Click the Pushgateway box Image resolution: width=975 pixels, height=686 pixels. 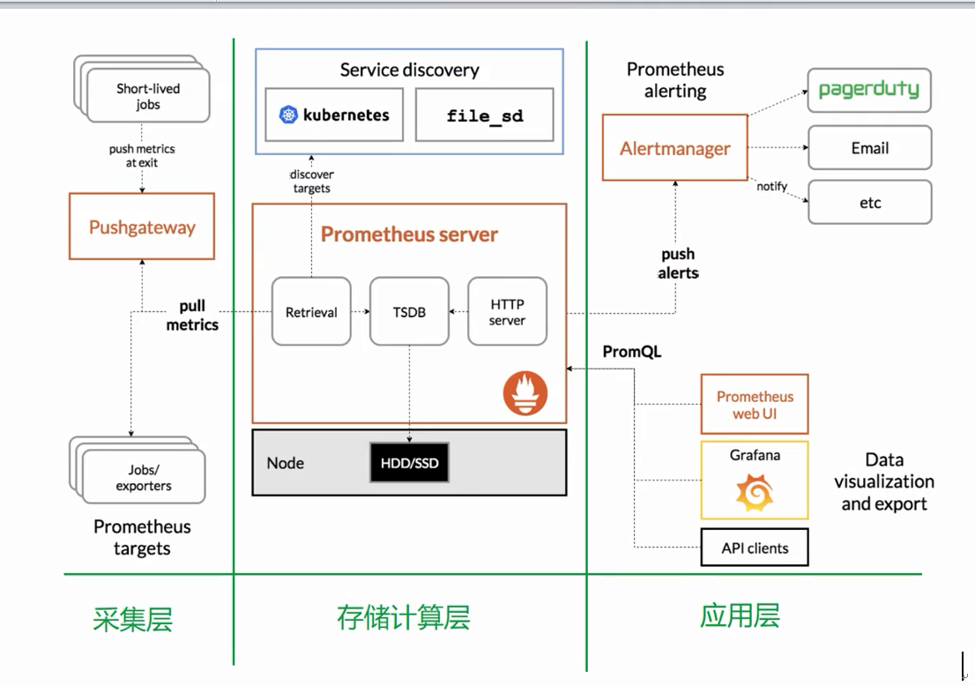click(142, 227)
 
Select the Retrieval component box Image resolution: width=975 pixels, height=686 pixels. click(311, 311)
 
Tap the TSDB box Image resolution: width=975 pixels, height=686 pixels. click(409, 311)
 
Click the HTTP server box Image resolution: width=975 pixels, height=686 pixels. click(508, 311)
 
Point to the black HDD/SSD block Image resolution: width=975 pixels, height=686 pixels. click(409, 463)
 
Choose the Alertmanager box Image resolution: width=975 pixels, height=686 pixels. click(675, 148)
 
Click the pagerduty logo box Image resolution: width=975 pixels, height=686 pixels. click(869, 90)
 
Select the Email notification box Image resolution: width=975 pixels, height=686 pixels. click(870, 148)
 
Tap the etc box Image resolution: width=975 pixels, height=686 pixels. click(870, 202)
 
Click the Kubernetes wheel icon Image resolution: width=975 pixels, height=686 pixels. click(288, 115)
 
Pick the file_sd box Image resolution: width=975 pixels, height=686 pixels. click(484, 115)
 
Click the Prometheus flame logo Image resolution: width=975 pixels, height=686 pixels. click(525, 393)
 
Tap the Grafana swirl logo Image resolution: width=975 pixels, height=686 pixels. click(755, 493)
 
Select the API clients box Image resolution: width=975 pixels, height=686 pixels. click(755, 548)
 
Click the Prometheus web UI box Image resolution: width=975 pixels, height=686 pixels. click(755, 404)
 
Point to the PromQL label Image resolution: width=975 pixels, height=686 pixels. click(632, 352)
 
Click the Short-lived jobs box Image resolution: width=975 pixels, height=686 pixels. click(148, 96)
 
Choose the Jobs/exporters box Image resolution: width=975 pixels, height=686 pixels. click(144, 477)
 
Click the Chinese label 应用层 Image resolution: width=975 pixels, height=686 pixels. click(740, 615)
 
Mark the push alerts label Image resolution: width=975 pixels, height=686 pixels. click(678, 264)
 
